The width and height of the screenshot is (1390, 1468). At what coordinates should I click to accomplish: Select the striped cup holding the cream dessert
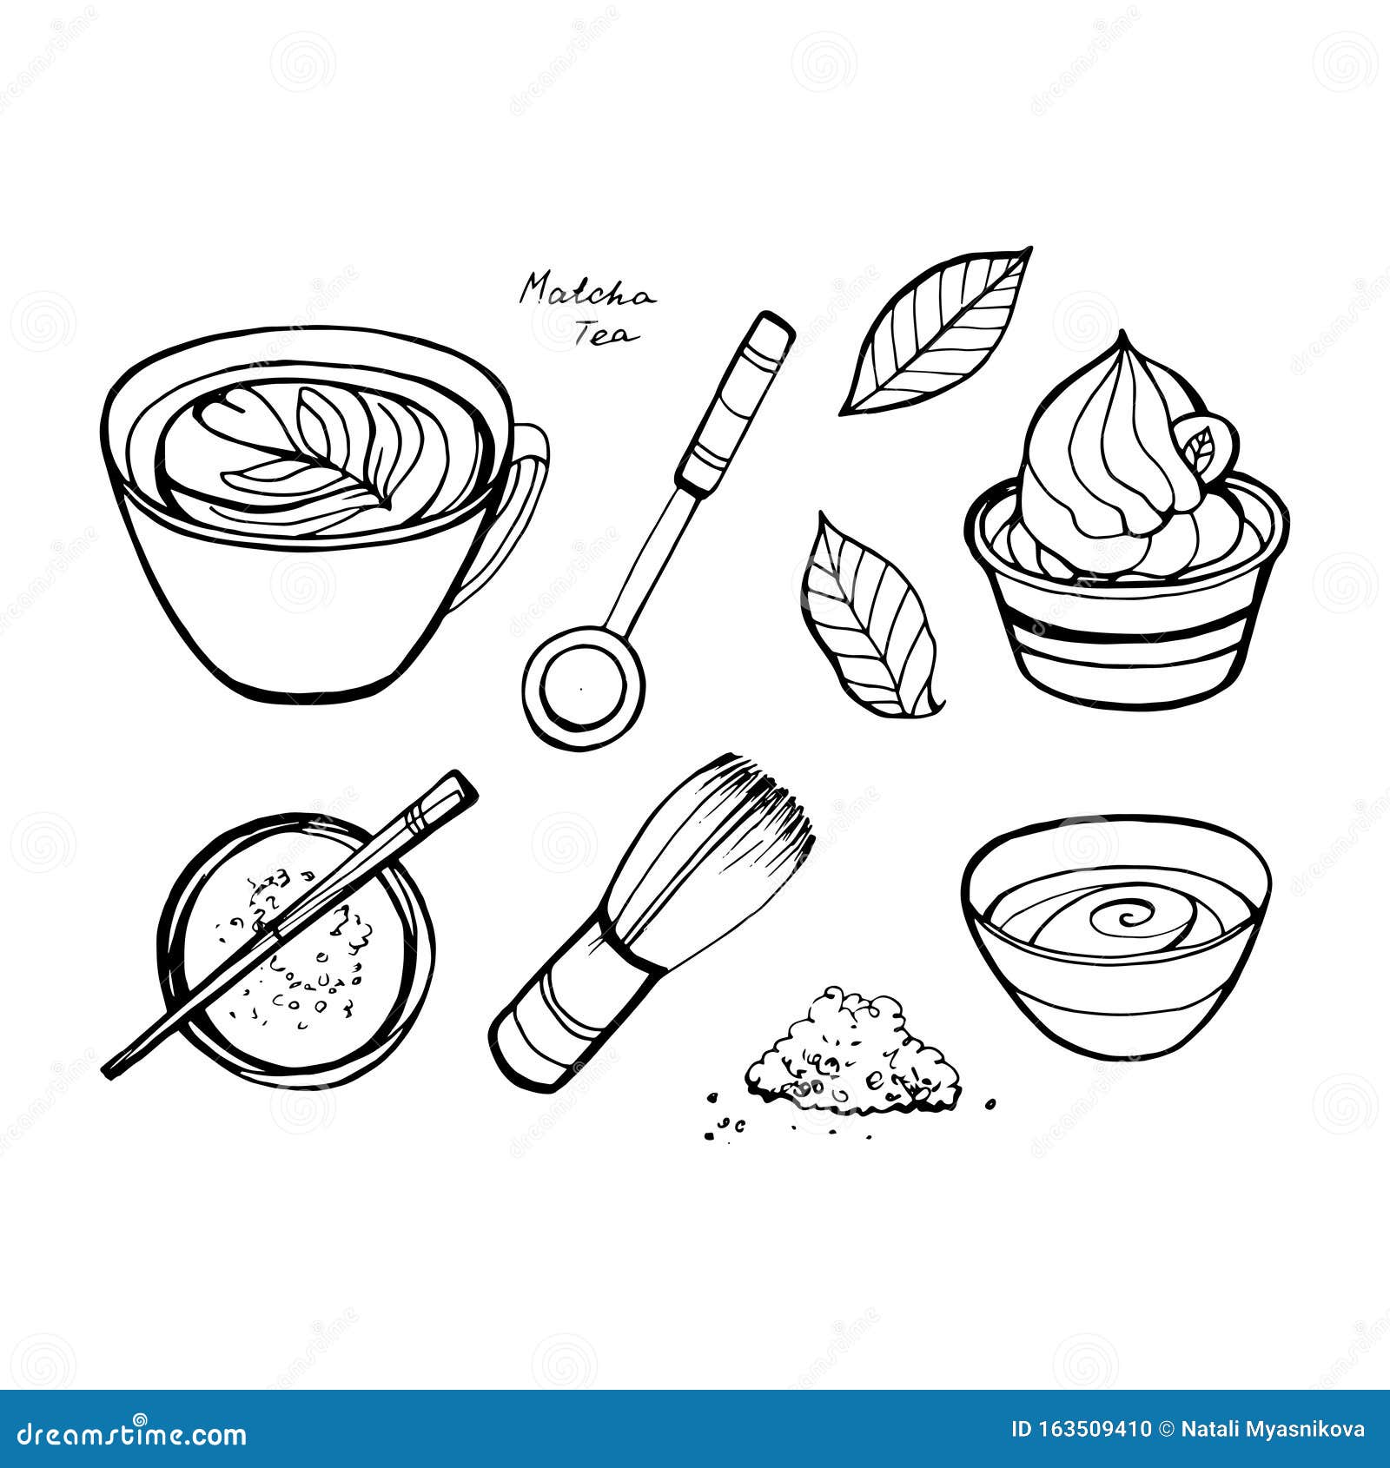(1129, 634)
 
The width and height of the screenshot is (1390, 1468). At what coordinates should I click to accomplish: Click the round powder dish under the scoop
(295, 999)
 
